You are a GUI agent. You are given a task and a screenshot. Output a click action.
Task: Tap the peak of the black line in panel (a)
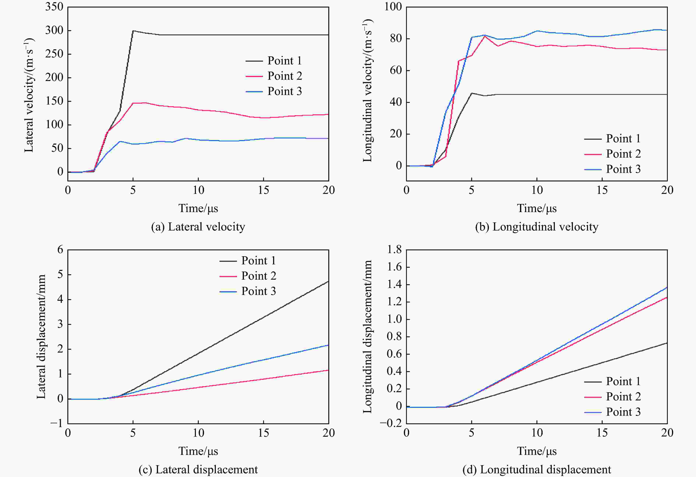coord(133,31)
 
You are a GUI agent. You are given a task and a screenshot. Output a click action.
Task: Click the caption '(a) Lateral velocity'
coord(198,227)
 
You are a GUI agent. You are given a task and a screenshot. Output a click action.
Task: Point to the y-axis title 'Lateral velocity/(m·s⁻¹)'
coord(29,95)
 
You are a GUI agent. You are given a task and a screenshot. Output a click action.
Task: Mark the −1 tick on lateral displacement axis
coord(57,423)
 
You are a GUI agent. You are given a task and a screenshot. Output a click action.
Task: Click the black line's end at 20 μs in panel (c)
coord(328,281)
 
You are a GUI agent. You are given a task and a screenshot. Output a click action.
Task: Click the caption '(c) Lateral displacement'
coord(198,469)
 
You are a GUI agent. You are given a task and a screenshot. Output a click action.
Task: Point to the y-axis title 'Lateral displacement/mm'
coord(41,337)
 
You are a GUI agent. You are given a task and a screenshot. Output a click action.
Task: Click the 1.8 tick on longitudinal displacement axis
coord(394,249)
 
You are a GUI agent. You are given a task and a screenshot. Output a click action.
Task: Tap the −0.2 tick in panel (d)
coord(391,423)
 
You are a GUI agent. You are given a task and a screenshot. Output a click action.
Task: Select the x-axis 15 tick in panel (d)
coord(602,433)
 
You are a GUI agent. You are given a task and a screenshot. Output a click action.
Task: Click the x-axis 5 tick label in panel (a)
coord(133,190)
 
